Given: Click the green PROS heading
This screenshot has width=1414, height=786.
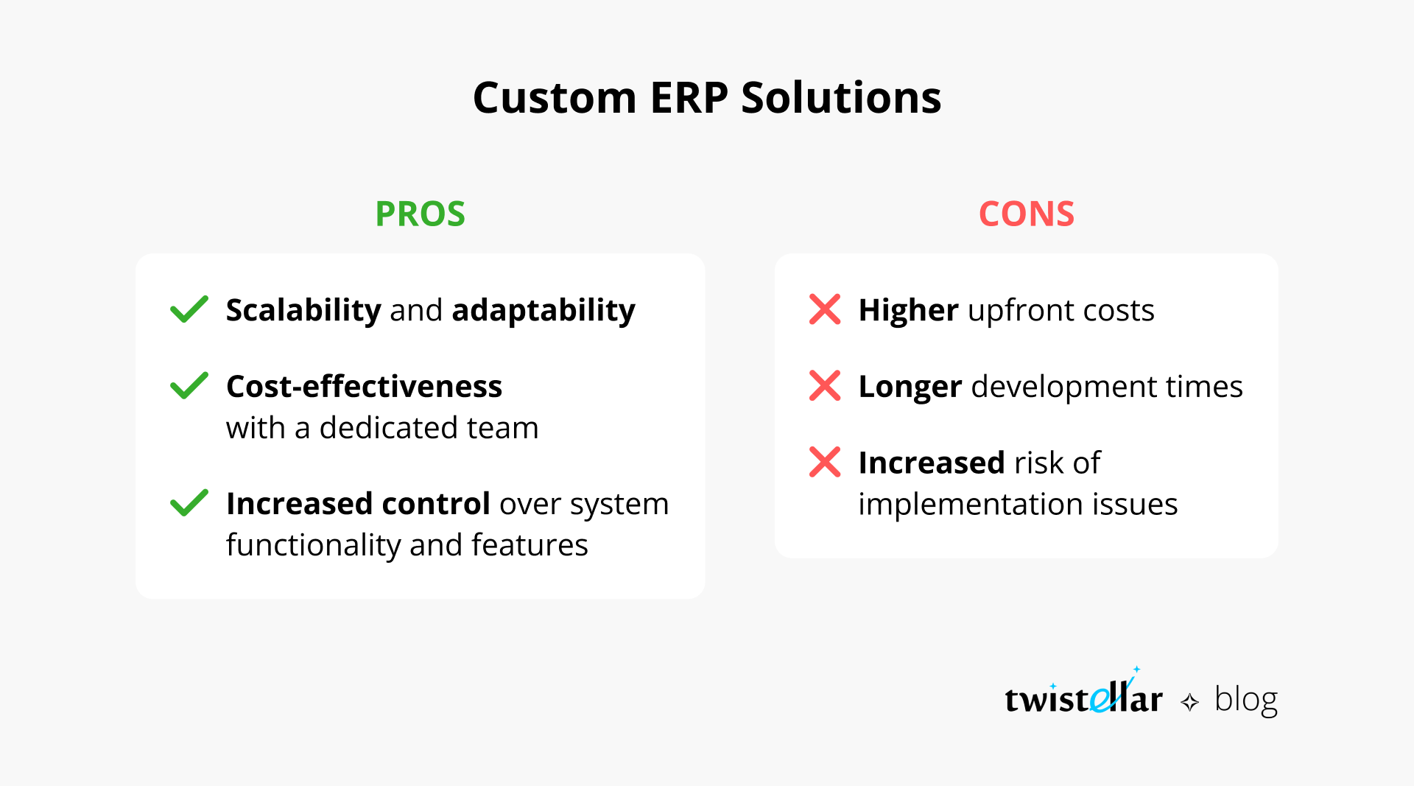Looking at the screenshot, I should [420, 214].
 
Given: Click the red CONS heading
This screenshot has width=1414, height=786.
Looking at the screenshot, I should [1026, 214].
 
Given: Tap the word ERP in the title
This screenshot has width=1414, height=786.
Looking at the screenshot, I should [689, 98].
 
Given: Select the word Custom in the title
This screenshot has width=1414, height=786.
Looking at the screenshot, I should [554, 98].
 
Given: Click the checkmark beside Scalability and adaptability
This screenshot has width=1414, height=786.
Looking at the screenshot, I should [189, 309].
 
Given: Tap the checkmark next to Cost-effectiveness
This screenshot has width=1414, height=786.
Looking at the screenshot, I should [189, 386].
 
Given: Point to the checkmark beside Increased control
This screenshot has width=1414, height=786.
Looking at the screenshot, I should [189, 503].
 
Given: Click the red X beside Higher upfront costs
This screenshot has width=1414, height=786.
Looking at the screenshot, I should [825, 309].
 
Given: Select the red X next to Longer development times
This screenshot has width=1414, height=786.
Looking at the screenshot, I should [825, 386].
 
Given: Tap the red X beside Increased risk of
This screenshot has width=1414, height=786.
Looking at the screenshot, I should [825, 463].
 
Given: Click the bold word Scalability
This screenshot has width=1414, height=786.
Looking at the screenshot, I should [303, 310].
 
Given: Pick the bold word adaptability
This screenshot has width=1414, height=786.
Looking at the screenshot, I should [543, 310].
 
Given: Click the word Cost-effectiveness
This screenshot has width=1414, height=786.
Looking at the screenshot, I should [364, 387].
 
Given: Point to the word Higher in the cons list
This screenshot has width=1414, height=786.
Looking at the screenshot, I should [908, 310].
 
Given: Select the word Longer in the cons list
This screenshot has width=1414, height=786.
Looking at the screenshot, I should [910, 387].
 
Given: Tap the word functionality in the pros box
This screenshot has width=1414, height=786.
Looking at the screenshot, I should [313, 545].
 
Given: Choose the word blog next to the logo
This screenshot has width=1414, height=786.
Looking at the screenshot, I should [1245, 699].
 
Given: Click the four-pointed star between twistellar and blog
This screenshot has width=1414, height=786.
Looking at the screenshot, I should [1189, 702].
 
